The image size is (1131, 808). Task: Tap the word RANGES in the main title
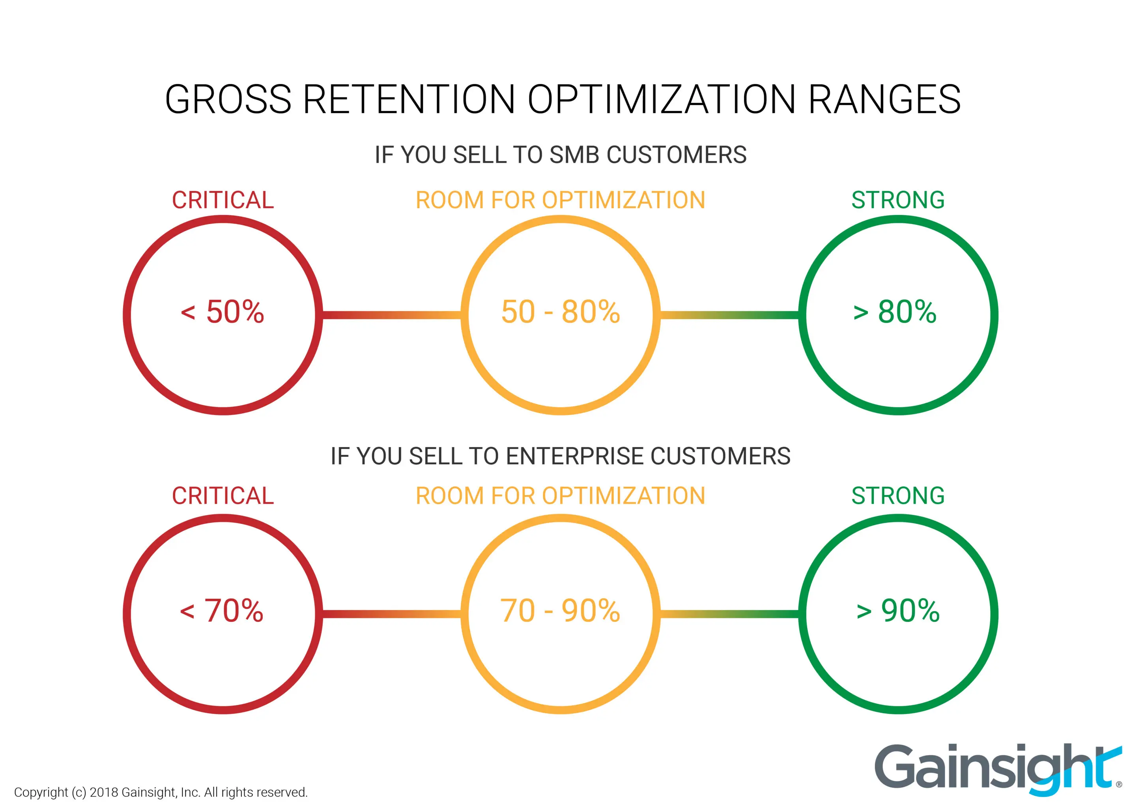pos(884,99)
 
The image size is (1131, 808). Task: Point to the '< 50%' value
pos(222,312)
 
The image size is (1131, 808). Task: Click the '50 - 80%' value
pos(561,312)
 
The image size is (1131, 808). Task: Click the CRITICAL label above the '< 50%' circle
pos(223,200)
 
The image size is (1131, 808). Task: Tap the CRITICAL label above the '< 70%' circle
pos(223,496)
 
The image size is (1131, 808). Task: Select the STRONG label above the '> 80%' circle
pos(898,200)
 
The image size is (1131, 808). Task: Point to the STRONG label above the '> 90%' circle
pos(898,496)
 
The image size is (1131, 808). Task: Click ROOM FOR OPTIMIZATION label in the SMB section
pos(561,200)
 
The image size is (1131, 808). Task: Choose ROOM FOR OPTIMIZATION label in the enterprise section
pos(561,496)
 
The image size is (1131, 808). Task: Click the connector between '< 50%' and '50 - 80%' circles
pos(392,315)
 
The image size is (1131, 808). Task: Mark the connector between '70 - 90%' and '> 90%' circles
pos(729,614)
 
